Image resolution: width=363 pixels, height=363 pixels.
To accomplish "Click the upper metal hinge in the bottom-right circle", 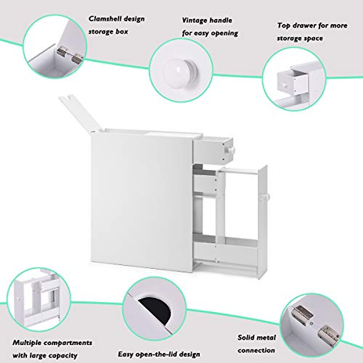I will [x=304, y=312].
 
